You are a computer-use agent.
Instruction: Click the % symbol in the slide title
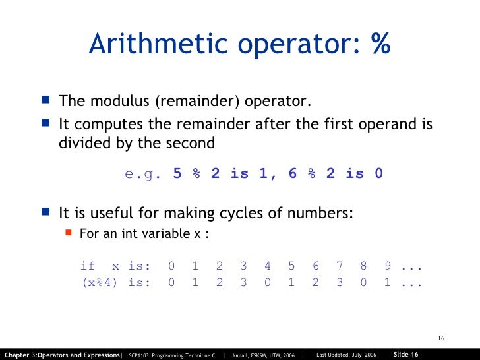[380, 44]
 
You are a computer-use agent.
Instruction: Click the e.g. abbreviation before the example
[142, 174]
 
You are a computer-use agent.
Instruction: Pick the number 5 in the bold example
[177, 174]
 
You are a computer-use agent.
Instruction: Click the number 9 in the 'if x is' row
[388, 266]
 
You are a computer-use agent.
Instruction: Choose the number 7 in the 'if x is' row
[340, 266]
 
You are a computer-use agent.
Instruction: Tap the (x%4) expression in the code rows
[100, 282]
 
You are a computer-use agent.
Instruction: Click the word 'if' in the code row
[88, 266]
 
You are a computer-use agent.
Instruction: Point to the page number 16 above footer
[441, 339]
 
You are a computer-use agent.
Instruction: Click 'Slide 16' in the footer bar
[406, 354]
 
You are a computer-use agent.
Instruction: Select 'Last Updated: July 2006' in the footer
[346, 355]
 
